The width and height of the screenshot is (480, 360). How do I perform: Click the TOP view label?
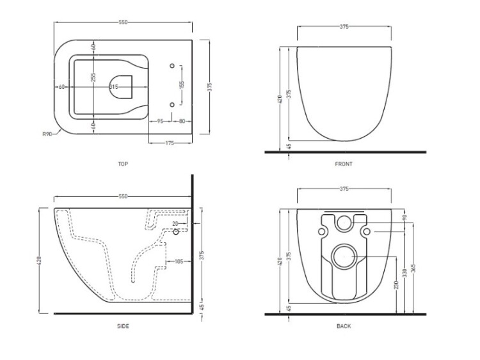(x=123, y=164)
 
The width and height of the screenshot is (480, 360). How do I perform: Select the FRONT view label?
(x=344, y=164)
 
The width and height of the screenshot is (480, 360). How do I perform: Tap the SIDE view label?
(x=123, y=326)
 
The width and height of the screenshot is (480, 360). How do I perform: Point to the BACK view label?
(x=344, y=326)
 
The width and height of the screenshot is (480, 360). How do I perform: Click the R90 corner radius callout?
(x=47, y=134)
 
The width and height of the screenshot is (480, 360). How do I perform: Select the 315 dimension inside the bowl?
(x=113, y=87)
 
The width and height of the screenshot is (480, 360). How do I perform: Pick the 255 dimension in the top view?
(x=93, y=77)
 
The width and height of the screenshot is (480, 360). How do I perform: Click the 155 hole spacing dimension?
(x=182, y=85)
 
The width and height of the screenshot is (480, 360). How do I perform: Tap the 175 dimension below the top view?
(x=170, y=143)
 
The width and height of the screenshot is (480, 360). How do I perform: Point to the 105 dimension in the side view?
(x=179, y=261)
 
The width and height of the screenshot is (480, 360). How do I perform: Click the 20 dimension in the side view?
(x=175, y=224)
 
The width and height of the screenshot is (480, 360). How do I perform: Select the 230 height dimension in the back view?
(x=396, y=285)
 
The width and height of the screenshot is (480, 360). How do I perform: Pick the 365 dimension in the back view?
(x=414, y=269)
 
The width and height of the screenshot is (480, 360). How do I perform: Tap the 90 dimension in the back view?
(x=404, y=217)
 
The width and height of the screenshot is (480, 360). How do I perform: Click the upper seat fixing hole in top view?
(x=172, y=66)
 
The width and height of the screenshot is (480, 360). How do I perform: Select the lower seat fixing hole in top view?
(x=172, y=105)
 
